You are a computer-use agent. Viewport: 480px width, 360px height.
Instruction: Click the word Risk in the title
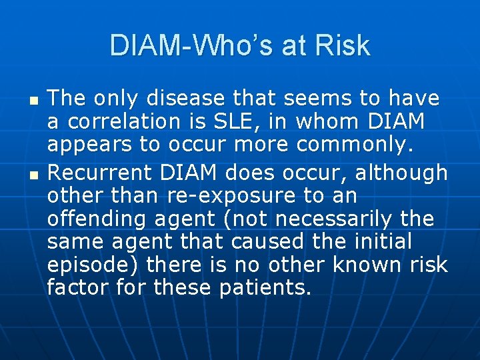344,45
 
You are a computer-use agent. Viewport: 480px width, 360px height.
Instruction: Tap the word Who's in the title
219,45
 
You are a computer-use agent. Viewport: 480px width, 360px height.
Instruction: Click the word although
401,173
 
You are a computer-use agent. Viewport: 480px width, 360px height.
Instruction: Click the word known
364,266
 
